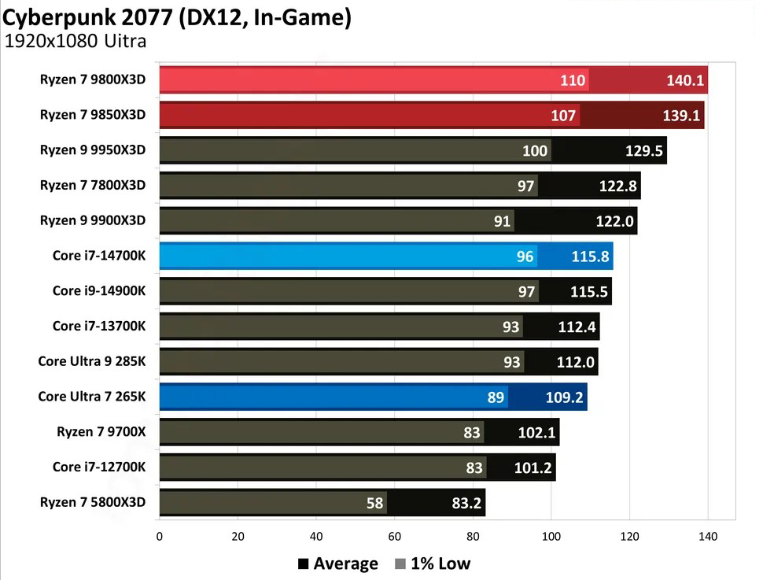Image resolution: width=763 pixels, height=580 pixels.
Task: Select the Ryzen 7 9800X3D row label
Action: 93,79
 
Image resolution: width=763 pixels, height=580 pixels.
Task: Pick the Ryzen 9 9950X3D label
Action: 93,150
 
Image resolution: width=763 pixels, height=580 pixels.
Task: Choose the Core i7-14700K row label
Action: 99,256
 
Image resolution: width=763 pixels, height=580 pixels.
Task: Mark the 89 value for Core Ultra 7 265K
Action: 496,397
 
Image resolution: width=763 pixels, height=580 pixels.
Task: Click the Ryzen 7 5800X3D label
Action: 93,502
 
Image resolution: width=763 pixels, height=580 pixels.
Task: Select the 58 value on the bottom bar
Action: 374,503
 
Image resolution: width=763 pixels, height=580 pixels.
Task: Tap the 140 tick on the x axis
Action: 707,537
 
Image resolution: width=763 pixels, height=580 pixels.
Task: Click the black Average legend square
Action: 303,563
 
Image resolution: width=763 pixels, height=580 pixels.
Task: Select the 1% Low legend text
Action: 440,563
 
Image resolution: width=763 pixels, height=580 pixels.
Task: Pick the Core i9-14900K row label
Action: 99,291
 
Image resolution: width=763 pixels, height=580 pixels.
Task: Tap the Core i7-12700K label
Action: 99,467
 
